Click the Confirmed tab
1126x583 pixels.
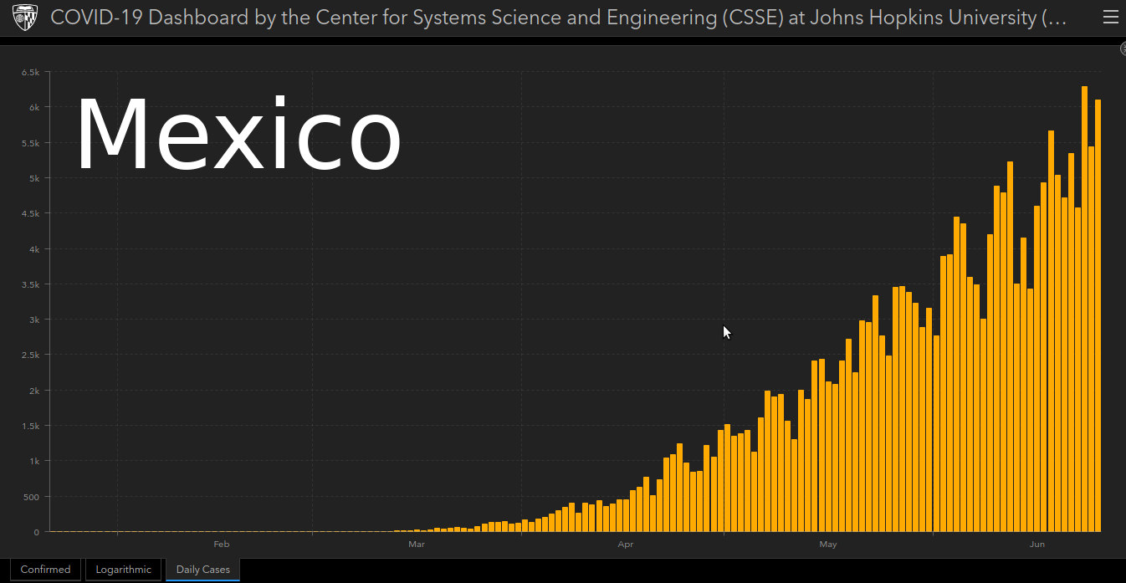pos(45,570)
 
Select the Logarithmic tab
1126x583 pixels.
pos(124,570)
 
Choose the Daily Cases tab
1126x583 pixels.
pos(202,570)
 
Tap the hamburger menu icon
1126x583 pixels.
pos(1110,18)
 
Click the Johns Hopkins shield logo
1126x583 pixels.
pos(25,18)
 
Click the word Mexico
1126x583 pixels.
pos(238,136)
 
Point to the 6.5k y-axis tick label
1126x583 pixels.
pos(30,73)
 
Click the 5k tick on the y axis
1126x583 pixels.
pos(33,178)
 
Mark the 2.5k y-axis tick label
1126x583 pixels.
pos(30,355)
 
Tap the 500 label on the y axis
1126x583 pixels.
pos(31,497)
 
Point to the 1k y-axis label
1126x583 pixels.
pos(33,461)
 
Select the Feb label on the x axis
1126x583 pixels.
pos(221,545)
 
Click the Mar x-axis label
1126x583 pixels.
pos(417,545)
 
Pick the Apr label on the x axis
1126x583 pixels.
pos(625,545)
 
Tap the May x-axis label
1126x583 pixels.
pos(828,545)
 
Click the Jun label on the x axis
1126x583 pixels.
pos(1037,545)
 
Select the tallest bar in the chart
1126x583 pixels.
pos(1084,309)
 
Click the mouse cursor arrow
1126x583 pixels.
pos(726,331)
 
